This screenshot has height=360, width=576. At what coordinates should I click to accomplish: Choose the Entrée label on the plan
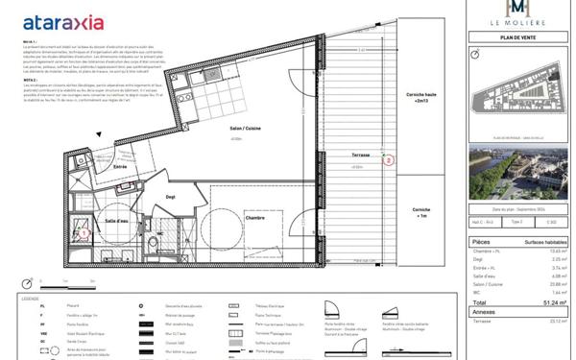121,166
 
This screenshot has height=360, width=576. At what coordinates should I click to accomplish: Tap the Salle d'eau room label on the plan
118,221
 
